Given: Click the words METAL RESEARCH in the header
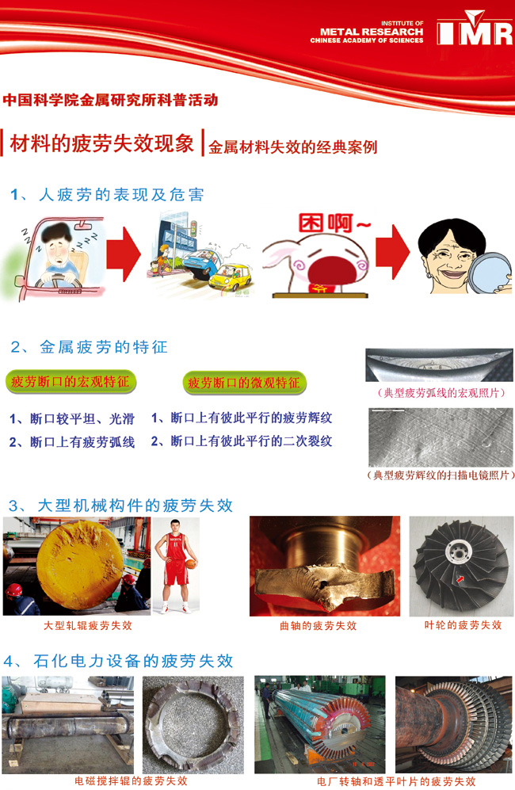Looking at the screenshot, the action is [372, 32].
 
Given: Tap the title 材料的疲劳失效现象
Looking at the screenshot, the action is [101, 143].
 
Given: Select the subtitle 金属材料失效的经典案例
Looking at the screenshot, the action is [293, 147].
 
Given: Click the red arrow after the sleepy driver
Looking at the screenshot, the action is [124, 254].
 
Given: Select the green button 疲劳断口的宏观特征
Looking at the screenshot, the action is [71, 382].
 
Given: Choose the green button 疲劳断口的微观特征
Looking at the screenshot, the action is [244, 383].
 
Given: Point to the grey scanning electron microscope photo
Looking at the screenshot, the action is [441, 437].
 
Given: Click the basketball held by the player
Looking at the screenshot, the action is [191, 564].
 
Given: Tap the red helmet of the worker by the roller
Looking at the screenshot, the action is [14, 590].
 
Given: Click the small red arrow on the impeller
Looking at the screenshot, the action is [460, 579].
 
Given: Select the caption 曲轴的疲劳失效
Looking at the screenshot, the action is [318, 626].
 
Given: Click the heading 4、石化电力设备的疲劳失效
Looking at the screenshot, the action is [118, 661].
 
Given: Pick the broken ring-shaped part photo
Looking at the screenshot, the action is [193, 724].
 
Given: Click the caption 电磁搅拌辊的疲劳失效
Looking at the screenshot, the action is [131, 781].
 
